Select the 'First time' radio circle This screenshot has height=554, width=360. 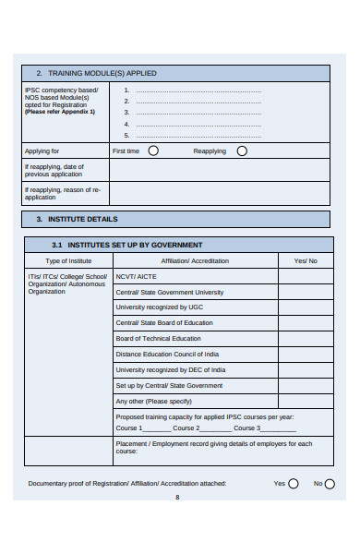(x=153, y=151)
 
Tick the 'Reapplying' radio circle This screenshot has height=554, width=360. (x=242, y=151)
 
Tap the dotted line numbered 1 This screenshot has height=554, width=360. (x=198, y=90)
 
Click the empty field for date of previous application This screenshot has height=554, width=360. (x=219, y=170)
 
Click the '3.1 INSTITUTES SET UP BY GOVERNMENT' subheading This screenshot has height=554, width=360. (x=127, y=245)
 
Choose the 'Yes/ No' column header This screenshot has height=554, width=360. (x=306, y=261)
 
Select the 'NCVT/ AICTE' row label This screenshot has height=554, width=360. (x=137, y=276)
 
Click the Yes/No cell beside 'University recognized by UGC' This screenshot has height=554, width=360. (x=306, y=307)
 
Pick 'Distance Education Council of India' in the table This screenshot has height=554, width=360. (x=167, y=355)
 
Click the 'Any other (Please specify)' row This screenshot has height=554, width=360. (x=153, y=402)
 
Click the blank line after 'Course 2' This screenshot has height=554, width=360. (x=216, y=428)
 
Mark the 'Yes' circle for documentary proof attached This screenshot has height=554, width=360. (x=294, y=483)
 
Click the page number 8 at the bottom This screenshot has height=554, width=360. (x=177, y=498)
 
